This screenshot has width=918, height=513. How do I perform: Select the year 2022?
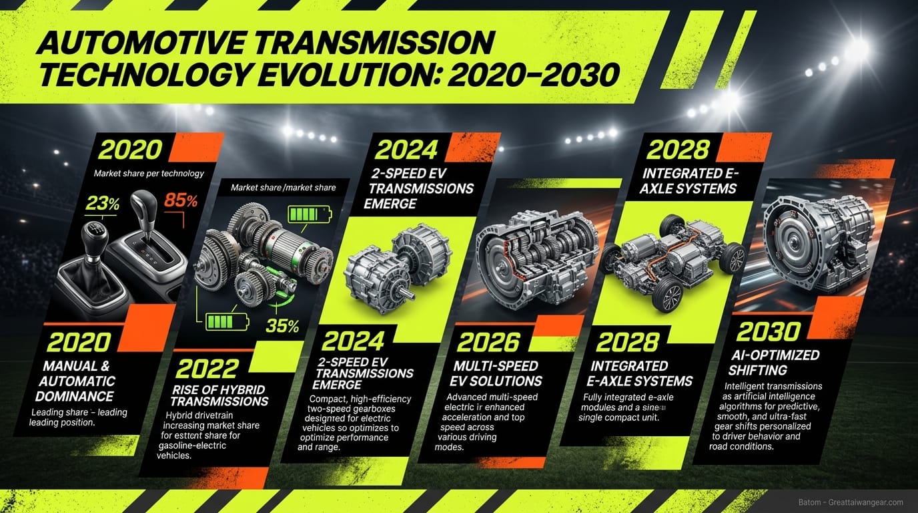pos(208,369)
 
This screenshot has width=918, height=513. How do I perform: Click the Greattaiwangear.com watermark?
pos(851,502)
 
